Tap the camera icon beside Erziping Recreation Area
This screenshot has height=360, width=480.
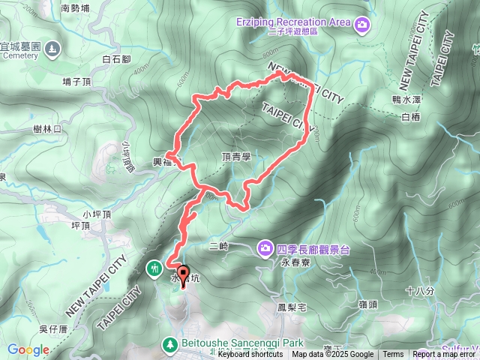point(363,25)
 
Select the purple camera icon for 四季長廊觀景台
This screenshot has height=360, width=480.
point(265,247)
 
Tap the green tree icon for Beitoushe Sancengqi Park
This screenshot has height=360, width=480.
point(171,344)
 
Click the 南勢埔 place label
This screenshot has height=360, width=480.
point(75,9)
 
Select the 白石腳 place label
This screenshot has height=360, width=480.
point(116,58)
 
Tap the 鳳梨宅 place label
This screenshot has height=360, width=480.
point(292,307)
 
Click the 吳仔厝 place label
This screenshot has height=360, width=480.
point(54,328)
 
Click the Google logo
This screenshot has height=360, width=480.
point(28,349)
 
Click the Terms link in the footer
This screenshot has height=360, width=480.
point(393,355)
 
